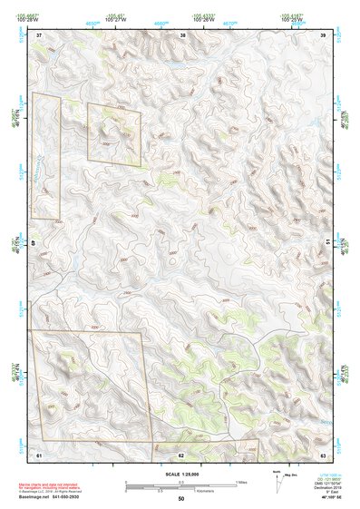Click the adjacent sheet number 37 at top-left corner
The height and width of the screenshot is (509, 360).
[39, 34]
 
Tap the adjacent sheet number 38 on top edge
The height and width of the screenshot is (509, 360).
[183, 34]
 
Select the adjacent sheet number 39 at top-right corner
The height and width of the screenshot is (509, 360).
[324, 34]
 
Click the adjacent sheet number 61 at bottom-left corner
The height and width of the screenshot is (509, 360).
[39, 453]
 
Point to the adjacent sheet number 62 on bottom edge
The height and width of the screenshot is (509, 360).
[181, 453]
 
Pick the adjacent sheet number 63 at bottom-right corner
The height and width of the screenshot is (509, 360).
[323, 453]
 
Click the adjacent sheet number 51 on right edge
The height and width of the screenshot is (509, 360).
[326, 243]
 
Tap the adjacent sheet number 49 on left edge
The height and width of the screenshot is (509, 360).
[36, 243]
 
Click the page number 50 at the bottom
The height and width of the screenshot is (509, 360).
[180, 498]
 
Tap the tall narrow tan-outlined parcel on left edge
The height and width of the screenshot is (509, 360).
[45, 155]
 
